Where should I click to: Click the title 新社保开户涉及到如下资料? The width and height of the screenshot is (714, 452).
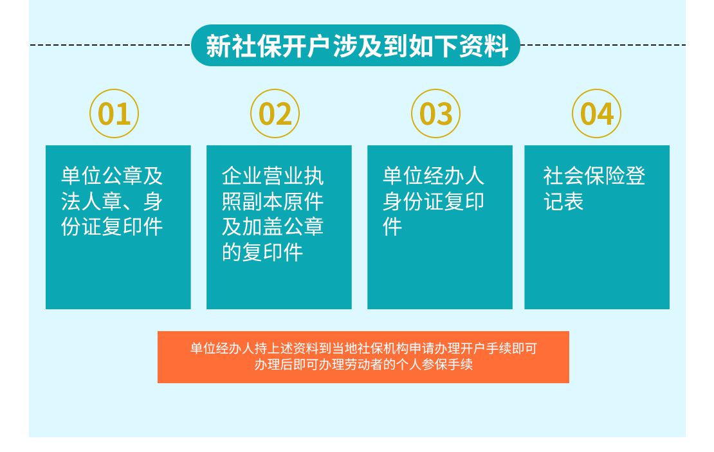point(356,46)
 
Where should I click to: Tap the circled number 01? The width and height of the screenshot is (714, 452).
point(114,113)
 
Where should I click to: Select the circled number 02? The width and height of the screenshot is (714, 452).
point(275,113)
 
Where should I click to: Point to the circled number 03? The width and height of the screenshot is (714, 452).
point(435,113)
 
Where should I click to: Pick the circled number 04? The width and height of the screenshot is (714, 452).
point(596,113)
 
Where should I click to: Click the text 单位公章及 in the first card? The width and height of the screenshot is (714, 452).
point(112,176)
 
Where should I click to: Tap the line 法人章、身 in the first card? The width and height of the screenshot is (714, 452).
point(112,202)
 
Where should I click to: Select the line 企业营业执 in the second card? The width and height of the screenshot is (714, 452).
point(273,176)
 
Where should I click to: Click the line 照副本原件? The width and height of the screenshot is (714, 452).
point(273,202)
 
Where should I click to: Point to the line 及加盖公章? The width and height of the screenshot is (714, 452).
point(273,227)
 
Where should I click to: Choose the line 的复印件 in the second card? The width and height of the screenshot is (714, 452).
point(262,252)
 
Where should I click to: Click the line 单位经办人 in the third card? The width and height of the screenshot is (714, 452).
point(433,176)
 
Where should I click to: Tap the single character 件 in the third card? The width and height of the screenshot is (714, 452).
point(392,227)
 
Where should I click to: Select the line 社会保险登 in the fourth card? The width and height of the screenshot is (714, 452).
point(594,176)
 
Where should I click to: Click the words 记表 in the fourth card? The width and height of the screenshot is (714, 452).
point(563,202)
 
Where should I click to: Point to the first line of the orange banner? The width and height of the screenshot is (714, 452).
point(363,348)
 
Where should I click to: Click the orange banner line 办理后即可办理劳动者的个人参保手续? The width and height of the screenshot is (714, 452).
point(363,365)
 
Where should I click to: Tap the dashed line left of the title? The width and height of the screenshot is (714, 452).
point(110,45)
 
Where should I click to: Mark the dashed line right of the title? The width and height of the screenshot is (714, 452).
point(603,45)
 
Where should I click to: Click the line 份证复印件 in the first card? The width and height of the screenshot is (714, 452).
point(112,227)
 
